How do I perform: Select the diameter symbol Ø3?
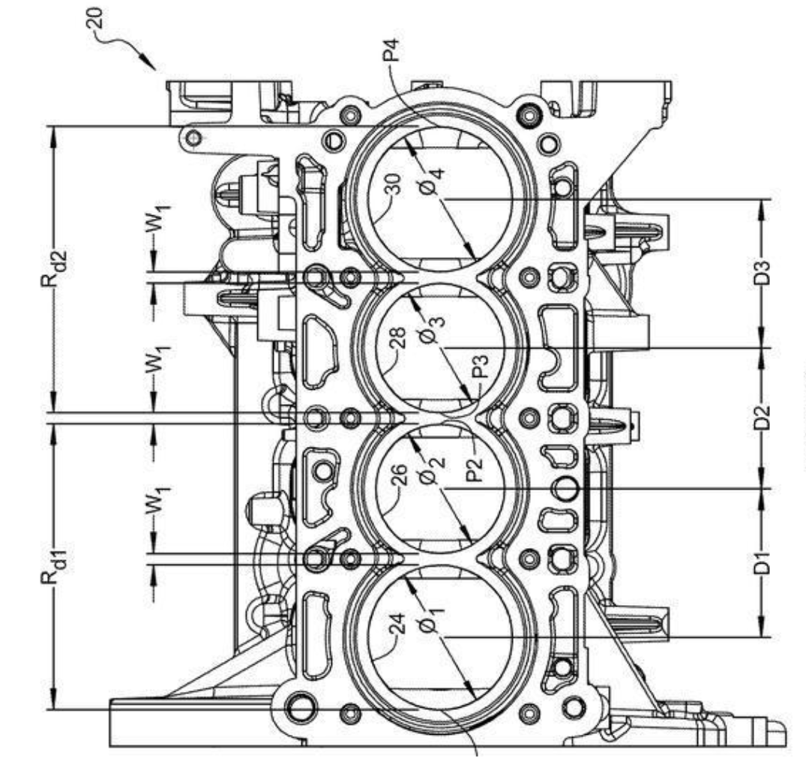pos(434,329)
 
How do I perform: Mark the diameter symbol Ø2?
pos(434,472)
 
